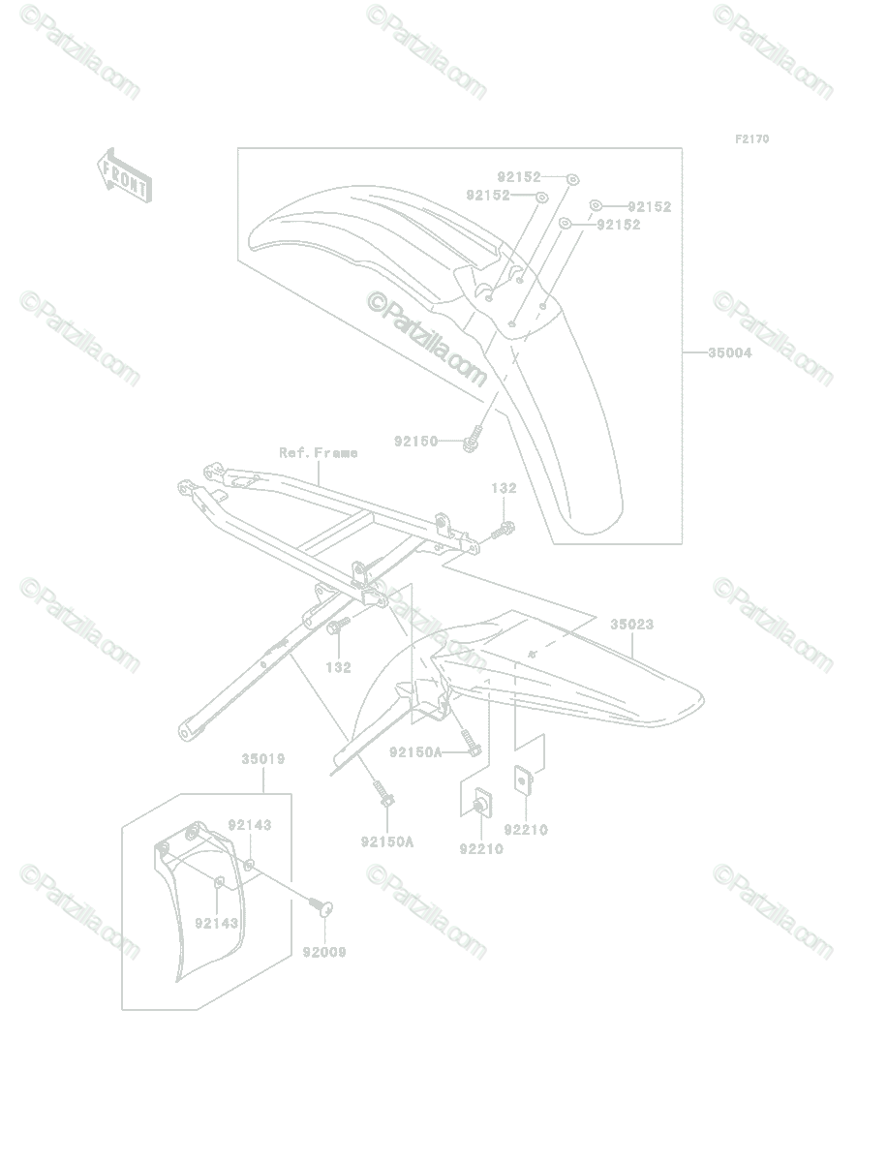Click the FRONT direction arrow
point(125,175)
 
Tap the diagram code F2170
point(752,139)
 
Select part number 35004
point(730,352)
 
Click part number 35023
point(632,625)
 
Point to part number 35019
point(263,759)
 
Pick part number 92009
point(324,953)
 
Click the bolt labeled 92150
point(473,439)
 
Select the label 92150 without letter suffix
point(416,441)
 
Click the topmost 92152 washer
point(573,179)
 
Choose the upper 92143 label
point(250,825)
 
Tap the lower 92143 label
point(217,923)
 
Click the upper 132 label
point(504,488)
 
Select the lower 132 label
point(339,667)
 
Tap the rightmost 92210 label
point(526,830)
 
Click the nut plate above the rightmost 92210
point(523,780)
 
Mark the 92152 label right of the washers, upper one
point(650,206)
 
